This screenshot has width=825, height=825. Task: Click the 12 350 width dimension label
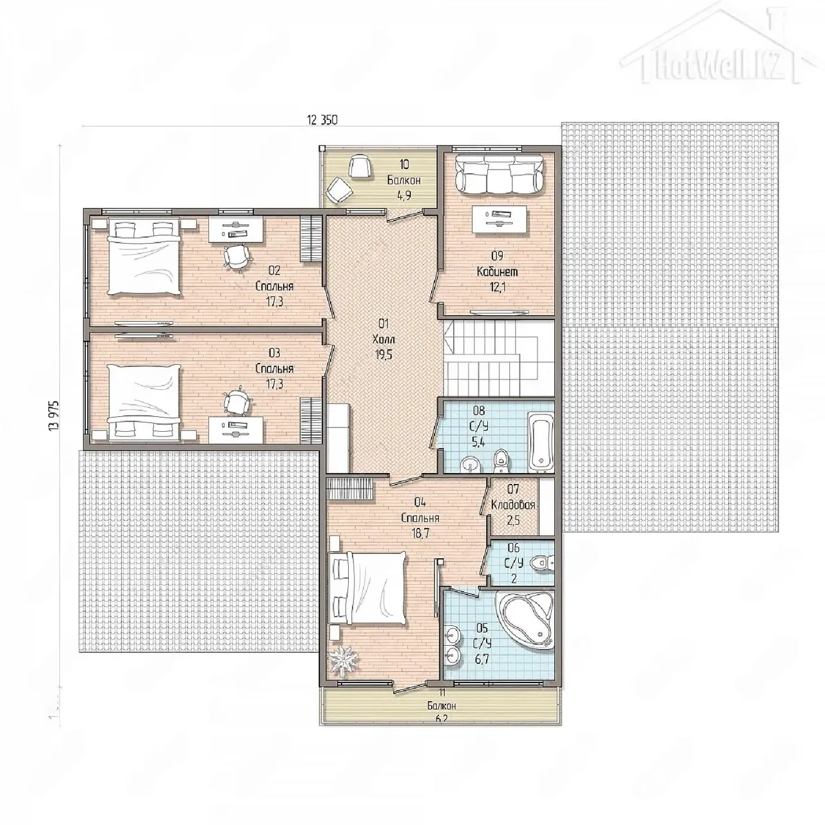pos(322,121)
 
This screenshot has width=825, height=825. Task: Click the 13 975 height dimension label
pos(55,415)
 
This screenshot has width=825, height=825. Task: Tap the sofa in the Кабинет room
pos(500,173)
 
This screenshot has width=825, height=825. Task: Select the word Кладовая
pos(513,505)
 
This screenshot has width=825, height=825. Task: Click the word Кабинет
pos(498,271)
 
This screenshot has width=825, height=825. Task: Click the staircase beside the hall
pos(498,358)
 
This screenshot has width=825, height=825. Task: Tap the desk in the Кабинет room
pos(500,220)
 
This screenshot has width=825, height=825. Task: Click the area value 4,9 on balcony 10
pos(403,196)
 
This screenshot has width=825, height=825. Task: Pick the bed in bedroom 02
pos(143,257)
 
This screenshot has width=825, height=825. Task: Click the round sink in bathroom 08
pos(469,464)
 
